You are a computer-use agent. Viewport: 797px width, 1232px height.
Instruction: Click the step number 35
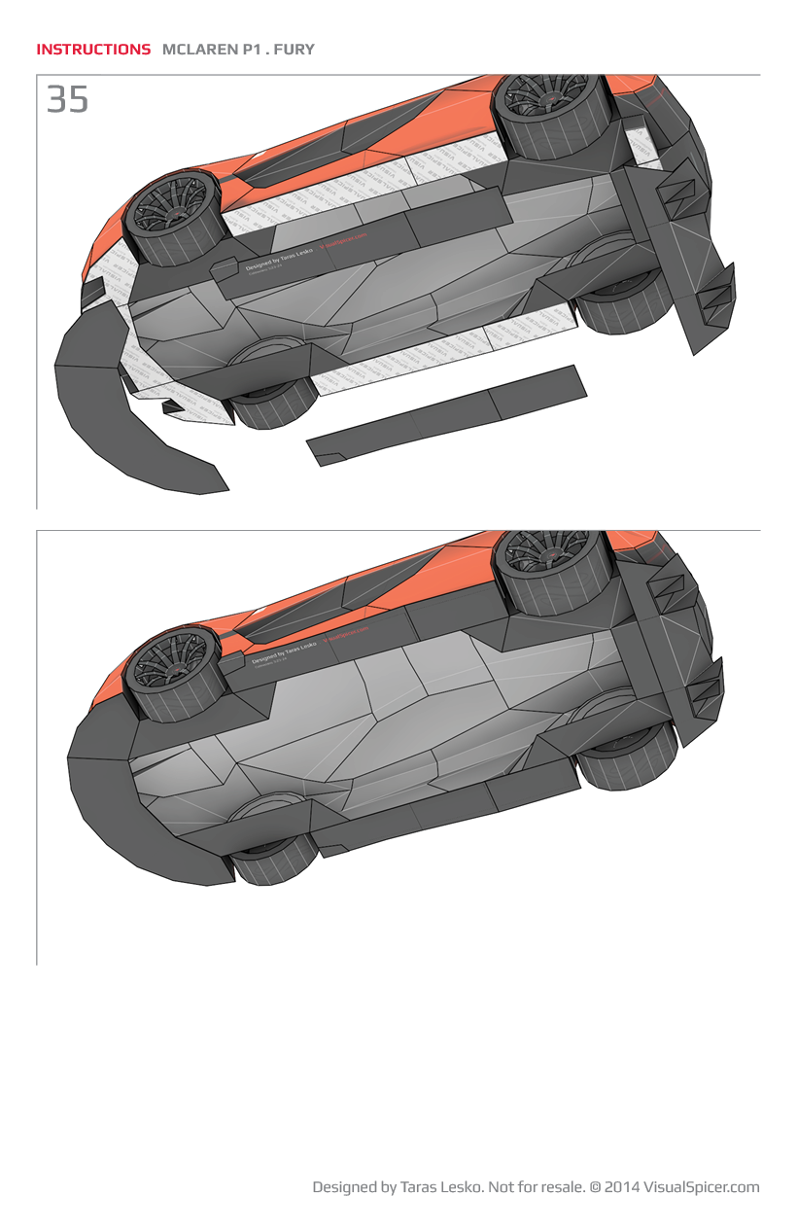[x=67, y=99]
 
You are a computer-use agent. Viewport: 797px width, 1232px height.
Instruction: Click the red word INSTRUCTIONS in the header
[x=93, y=49]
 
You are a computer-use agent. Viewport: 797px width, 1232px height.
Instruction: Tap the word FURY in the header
[x=295, y=49]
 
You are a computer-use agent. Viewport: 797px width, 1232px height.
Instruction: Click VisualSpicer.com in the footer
[x=701, y=1187]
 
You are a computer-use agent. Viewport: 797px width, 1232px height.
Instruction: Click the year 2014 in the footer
[x=622, y=1187]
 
